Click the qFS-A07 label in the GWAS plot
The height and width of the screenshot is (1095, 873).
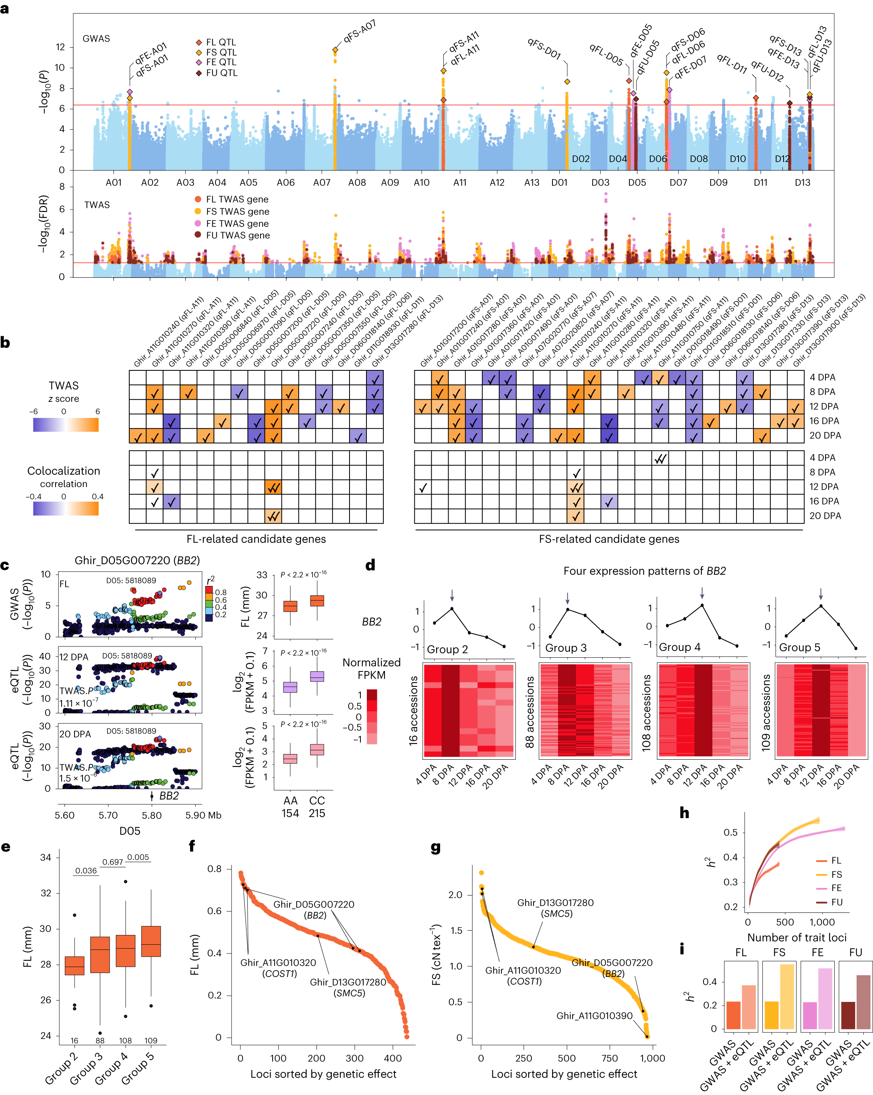pyautogui.click(x=359, y=32)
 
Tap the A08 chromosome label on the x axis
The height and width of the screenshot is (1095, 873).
pyautogui.click(x=357, y=182)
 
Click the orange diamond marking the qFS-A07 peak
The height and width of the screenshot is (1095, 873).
pyautogui.click(x=335, y=50)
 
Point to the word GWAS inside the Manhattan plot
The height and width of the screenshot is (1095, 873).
pyautogui.click(x=96, y=39)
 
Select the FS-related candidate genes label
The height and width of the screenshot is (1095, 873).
pyautogui.click(x=608, y=539)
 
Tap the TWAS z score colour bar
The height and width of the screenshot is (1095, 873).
pyautogui.click(x=66, y=425)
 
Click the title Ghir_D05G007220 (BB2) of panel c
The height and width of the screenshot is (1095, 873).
pyautogui.click(x=137, y=560)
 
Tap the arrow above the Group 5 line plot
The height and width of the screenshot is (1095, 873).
pyautogui.click(x=820, y=594)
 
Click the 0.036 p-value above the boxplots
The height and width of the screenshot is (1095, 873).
pyautogui.click(x=86, y=871)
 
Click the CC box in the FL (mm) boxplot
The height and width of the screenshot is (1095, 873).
pyautogui.click(x=317, y=601)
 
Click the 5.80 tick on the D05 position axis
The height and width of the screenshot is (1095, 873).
pyautogui.click(x=151, y=816)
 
